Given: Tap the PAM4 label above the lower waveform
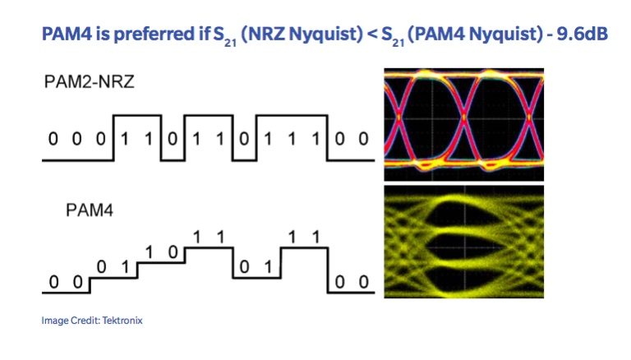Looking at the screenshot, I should tap(88, 211).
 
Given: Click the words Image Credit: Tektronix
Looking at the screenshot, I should tap(92, 321).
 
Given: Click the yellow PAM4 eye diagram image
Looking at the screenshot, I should tap(464, 242).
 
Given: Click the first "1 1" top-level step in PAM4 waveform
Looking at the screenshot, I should tap(207, 237).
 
